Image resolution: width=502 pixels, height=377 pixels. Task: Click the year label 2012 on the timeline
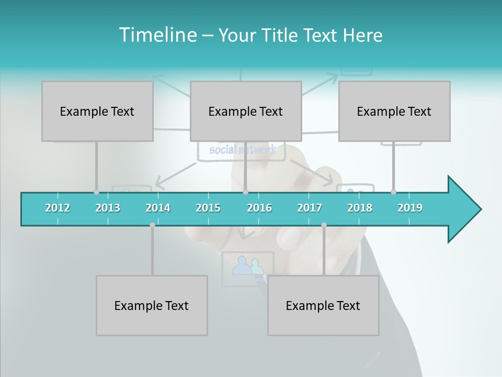click(58, 208)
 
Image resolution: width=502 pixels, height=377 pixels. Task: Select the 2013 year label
click(108, 208)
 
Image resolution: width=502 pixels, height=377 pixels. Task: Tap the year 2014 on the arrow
click(158, 208)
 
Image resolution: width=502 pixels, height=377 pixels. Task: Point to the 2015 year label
click(208, 208)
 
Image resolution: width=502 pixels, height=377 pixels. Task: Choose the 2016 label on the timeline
click(259, 208)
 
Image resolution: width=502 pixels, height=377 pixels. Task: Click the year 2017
click(310, 208)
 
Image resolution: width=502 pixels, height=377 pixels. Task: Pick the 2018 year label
click(360, 208)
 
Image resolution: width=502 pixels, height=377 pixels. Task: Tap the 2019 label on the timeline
click(410, 208)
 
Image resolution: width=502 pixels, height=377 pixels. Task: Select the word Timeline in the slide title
click(157, 35)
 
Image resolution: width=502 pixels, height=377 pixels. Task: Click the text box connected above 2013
click(97, 111)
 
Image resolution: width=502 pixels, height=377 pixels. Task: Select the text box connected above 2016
click(246, 111)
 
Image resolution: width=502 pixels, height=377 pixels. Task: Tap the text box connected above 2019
click(394, 111)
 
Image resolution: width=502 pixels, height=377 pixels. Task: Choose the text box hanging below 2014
click(152, 305)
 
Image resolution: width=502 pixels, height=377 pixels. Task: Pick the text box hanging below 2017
click(323, 305)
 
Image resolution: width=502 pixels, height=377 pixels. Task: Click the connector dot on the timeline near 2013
click(96, 192)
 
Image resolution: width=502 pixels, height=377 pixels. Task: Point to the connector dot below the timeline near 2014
click(152, 225)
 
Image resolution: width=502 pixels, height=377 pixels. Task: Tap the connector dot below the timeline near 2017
click(324, 225)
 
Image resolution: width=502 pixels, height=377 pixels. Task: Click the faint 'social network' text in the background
click(242, 150)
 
